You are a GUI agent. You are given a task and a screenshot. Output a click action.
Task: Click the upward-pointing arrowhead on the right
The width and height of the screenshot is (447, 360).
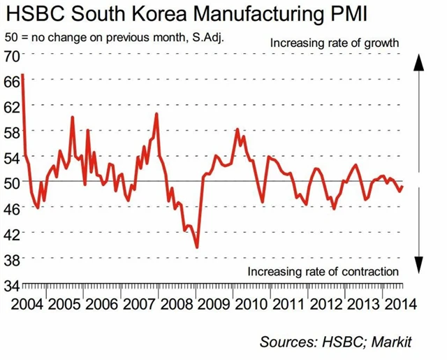pyautogui.click(x=418, y=63)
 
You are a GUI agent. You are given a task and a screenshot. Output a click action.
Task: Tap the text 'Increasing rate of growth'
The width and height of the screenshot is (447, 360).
pyautogui.click(x=334, y=43)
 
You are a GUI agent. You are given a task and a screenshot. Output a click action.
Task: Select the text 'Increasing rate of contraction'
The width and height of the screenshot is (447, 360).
pyautogui.click(x=323, y=271)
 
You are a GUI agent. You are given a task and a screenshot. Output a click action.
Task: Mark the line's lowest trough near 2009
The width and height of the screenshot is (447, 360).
pyautogui.click(x=197, y=247)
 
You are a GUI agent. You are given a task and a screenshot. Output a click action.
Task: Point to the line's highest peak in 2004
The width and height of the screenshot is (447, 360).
pyautogui.click(x=23, y=74)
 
